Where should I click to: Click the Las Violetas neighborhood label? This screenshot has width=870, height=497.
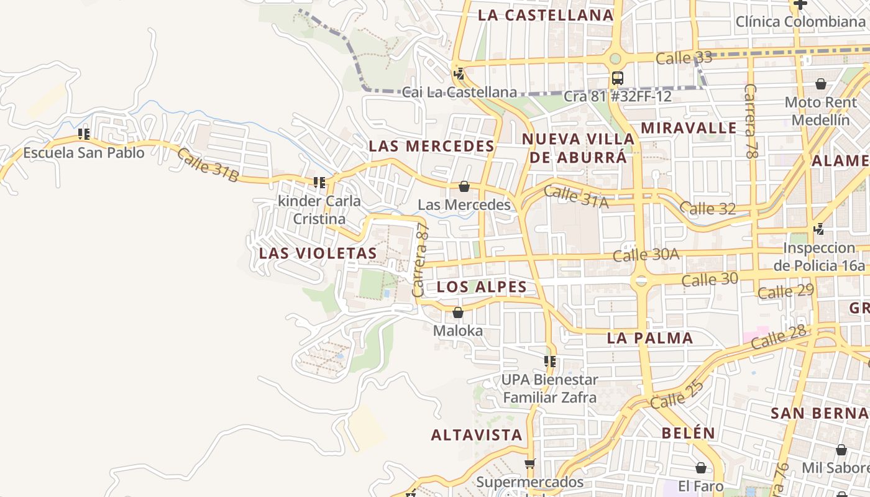tap(318, 253)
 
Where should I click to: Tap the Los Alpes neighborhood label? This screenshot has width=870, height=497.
tap(482, 287)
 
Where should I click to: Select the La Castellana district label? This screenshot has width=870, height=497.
tap(546, 16)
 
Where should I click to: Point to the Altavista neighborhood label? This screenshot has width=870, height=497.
tap(477, 435)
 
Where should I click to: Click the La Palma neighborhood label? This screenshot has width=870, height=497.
tap(650, 339)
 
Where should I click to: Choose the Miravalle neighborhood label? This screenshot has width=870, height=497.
tap(689, 129)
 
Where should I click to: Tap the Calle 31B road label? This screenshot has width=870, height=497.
tap(208, 165)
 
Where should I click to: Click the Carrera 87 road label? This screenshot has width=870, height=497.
tap(421, 260)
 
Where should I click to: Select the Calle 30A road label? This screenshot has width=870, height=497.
tap(646, 255)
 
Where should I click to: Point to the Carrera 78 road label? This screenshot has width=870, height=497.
tap(750, 121)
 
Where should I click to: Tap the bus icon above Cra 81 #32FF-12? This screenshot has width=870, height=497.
tap(617, 78)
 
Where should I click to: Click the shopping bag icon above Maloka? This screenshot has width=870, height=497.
tap(458, 312)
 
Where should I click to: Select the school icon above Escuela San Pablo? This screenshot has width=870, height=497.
tap(84, 134)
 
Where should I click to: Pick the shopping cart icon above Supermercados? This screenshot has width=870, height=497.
tap(529, 463)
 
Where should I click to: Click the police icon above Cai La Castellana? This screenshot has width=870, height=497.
tap(459, 75)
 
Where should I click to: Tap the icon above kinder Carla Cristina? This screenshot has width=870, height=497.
tap(319, 183)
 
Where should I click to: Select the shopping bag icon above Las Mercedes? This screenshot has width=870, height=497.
tap(464, 186)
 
